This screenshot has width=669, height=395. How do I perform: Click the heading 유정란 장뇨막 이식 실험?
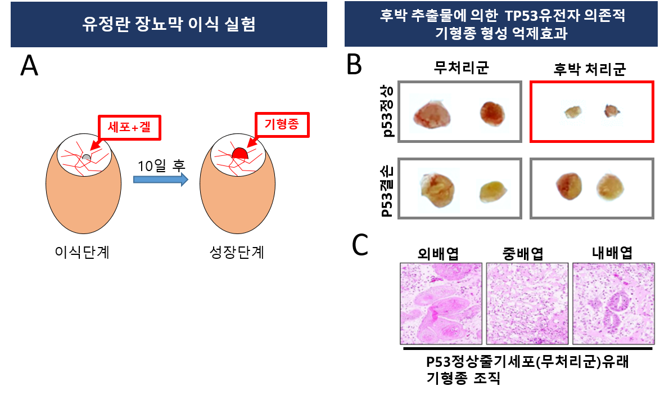pyautogui.click(x=169, y=25)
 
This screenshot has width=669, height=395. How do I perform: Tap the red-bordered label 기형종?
pyautogui.click(x=282, y=125)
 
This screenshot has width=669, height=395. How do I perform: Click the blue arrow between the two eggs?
pyautogui.click(x=160, y=179)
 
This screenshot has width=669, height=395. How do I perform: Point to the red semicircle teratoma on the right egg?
pyautogui.click(x=240, y=154)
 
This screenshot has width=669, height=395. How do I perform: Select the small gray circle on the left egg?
pyautogui.click(x=86, y=158)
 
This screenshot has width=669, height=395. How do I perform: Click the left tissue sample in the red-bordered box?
pyautogui.click(x=572, y=112)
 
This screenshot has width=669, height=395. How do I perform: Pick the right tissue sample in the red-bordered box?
pyautogui.click(x=612, y=113)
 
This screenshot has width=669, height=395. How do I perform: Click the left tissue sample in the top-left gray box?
pyautogui.click(x=430, y=113)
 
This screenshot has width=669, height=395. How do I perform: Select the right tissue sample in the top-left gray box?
pyautogui.click(x=494, y=115)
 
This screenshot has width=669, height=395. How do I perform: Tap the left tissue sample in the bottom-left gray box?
pyautogui.click(x=439, y=190)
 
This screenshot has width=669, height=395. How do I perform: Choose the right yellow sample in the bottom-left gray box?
pyautogui.click(x=493, y=194)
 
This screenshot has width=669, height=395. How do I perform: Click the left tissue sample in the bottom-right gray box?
pyautogui.click(x=569, y=187)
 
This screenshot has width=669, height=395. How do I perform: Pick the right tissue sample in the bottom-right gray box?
pyautogui.click(x=612, y=187)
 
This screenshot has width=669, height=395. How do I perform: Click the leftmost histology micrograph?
pyautogui.click(x=441, y=303)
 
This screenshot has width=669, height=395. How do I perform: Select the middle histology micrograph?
pyautogui.click(x=528, y=303)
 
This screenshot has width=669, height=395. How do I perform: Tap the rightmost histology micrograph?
pyautogui.click(x=614, y=303)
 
